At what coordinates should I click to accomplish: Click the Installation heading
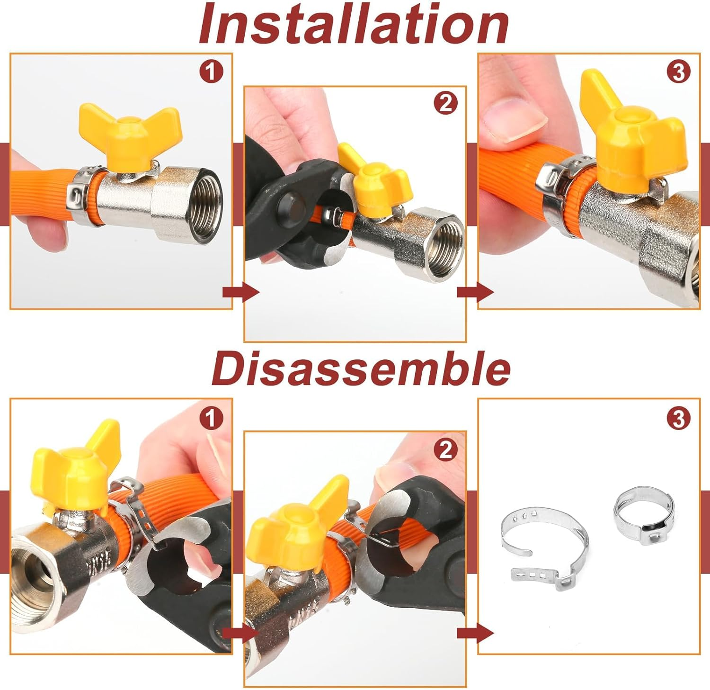(x=354, y=24)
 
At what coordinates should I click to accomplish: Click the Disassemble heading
(x=361, y=369)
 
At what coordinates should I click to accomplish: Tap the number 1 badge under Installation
(x=211, y=72)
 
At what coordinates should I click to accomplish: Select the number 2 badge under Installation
(x=445, y=104)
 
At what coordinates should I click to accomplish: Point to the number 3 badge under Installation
(x=678, y=72)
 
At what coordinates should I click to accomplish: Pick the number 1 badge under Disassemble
(x=211, y=418)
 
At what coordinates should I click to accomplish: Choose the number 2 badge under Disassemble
(x=445, y=450)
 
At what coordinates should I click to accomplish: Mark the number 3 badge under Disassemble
(x=678, y=418)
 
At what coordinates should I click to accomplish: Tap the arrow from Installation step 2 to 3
(x=474, y=292)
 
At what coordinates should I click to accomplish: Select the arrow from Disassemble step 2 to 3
(x=474, y=633)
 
